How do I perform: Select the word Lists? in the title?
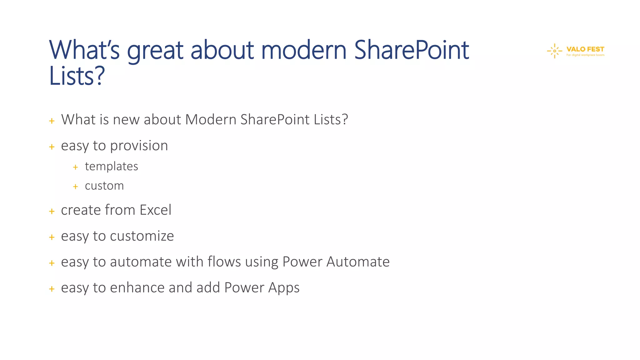pos(77,76)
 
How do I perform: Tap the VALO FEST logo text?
pos(585,49)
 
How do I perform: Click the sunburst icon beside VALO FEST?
pos(554,51)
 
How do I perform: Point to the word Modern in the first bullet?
pos(211,119)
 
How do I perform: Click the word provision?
pos(139,146)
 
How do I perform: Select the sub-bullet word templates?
pos(111,166)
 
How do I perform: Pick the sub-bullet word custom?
pos(104,186)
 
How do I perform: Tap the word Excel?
pos(155,210)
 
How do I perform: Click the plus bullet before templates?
pos(75,167)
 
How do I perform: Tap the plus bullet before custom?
pos(75,187)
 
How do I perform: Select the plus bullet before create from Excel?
pos(52,212)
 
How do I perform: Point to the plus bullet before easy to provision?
pos(52,147)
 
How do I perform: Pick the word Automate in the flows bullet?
pos(358,262)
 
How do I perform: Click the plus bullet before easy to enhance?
pos(52,289)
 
